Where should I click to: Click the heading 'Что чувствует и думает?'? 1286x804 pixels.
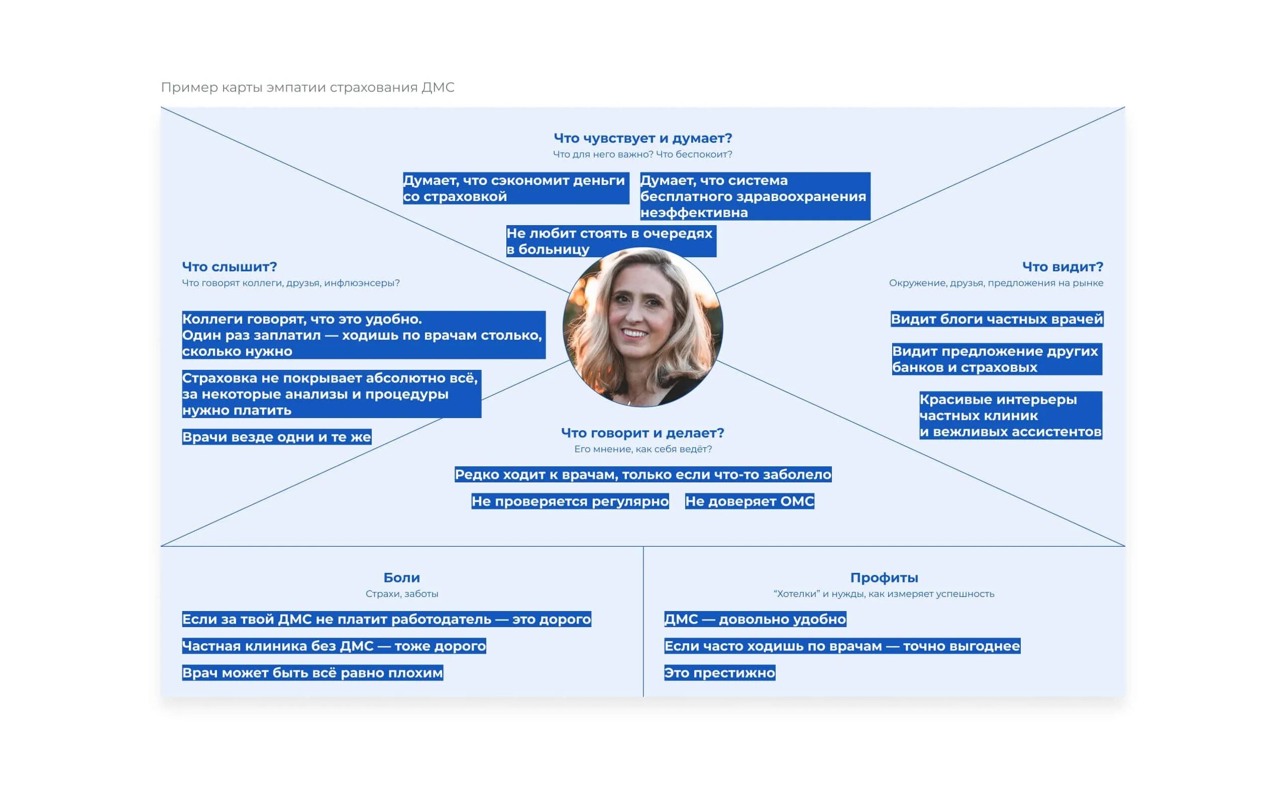642,138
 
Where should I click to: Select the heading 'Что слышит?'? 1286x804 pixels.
229,267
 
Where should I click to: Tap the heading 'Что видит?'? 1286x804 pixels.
1062,267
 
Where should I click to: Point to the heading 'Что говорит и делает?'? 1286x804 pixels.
642,433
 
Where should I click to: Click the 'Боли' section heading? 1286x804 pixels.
401,577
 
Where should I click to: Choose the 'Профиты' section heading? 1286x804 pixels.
884,577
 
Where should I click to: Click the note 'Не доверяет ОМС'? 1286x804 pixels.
749,501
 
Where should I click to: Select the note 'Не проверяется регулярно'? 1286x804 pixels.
570,501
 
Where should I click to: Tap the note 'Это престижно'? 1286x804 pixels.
719,673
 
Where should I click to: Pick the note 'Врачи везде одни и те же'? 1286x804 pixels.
276,437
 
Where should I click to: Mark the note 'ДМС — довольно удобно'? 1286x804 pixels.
755,620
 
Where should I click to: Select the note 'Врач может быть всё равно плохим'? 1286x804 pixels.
312,673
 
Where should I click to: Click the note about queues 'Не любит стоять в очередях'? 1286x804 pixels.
610,241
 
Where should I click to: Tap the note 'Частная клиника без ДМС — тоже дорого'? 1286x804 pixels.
334,646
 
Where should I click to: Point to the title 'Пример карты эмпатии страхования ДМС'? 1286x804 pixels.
307,87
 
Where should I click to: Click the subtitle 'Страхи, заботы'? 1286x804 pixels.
401,594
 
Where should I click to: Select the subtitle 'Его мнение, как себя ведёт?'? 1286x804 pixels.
642,449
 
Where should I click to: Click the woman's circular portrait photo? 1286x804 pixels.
642,328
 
